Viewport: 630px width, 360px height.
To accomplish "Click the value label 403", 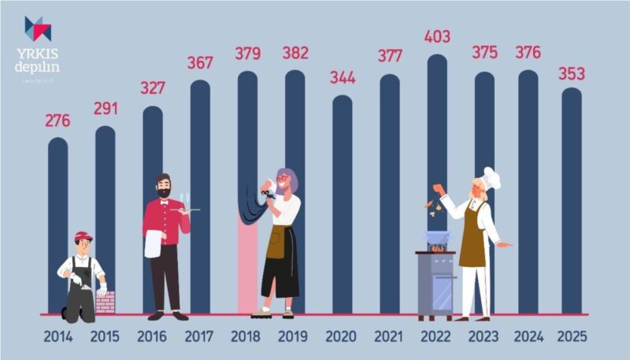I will [437, 37].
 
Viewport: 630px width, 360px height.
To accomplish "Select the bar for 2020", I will [343, 205].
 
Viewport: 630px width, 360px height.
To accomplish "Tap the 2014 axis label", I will [58, 336].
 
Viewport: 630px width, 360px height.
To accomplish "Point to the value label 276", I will [57, 121].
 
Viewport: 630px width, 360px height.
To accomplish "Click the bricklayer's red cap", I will [83, 236].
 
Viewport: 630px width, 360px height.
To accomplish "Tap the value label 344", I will [343, 78].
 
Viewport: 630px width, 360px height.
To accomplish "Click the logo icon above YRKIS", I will [38, 28].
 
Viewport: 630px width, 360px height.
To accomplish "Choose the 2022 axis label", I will [437, 336].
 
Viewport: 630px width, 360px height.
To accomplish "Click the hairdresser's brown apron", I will [276, 242].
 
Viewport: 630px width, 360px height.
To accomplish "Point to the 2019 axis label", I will [295, 336].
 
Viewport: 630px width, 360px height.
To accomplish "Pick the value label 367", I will [200, 62].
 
